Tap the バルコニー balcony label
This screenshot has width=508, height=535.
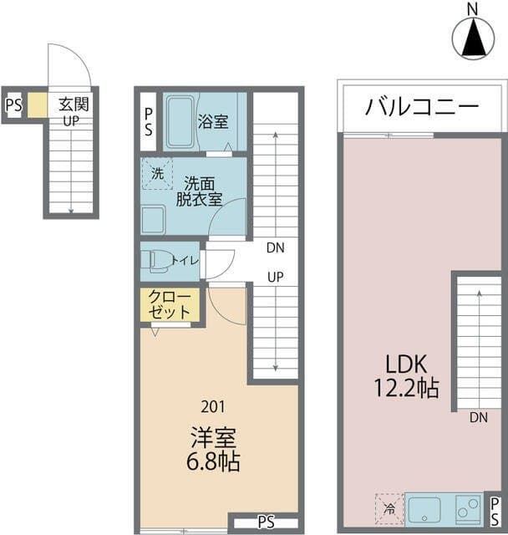[422, 106]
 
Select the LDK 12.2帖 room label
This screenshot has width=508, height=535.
[406, 376]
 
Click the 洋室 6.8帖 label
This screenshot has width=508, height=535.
[213, 450]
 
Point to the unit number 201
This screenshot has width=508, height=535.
[213, 407]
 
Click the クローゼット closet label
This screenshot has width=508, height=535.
[169, 304]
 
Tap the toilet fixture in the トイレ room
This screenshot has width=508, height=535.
[157, 262]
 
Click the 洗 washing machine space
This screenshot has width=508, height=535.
[157, 173]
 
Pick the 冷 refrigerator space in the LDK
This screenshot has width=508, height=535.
[389, 508]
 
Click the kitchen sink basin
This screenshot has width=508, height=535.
[424, 508]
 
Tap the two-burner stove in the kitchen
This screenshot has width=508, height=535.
[468, 508]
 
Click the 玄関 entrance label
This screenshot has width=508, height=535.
[74, 104]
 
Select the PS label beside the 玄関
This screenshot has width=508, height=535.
[14, 105]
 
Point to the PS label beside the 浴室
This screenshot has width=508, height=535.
[149, 122]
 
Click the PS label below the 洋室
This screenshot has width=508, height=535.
[267, 522]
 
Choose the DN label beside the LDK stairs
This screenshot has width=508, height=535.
[478, 417]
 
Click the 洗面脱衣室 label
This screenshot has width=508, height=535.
[199, 191]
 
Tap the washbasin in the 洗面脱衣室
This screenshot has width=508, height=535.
[153, 219]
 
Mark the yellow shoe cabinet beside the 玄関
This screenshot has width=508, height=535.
[37, 105]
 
